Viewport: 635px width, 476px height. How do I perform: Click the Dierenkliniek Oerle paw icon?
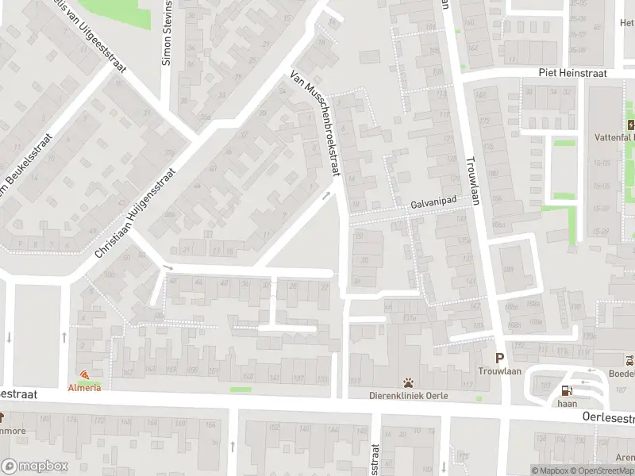click(x=408, y=382)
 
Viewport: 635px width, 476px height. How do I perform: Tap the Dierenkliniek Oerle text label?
click(x=408, y=396)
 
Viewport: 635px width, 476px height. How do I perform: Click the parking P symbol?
click(x=499, y=358)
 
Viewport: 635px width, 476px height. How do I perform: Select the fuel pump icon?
click(x=566, y=390)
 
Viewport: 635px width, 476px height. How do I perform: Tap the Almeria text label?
click(x=84, y=387)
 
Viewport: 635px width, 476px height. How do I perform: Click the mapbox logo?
click(x=34, y=466)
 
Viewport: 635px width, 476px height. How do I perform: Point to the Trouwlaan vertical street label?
click(x=474, y=158)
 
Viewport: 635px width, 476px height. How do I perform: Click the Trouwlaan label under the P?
click(x=498, y=370)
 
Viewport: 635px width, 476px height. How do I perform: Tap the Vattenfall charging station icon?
click(x=630, y=125)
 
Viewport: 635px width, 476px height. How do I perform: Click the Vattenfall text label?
click(x=615, y=137)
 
